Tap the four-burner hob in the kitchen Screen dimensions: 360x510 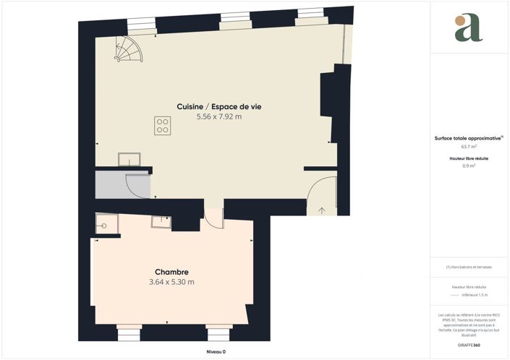pos(162,125)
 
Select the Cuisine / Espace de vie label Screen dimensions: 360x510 pos(218,106)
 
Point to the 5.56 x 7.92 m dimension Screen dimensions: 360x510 pos(218,116)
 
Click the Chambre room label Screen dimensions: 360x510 pos(171,272)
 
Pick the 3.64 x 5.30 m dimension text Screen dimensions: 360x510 pos(171,282)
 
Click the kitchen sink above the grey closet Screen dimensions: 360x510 pos(129,159)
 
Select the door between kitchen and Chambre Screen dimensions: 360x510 pos(213,217)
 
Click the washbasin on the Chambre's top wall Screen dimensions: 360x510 pos(161,222)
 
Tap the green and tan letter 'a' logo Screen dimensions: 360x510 pos(468,27)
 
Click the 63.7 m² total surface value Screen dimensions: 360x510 pos(469,146)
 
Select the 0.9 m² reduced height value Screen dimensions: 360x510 pos(469,166)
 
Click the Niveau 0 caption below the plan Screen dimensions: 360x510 pos(216,351)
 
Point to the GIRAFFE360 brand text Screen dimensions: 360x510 pos(469,345)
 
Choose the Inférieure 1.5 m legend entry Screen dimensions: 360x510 pos(475,295)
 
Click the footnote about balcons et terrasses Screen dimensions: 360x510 pos(469,267)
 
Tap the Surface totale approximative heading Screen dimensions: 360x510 pos(467,137)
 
